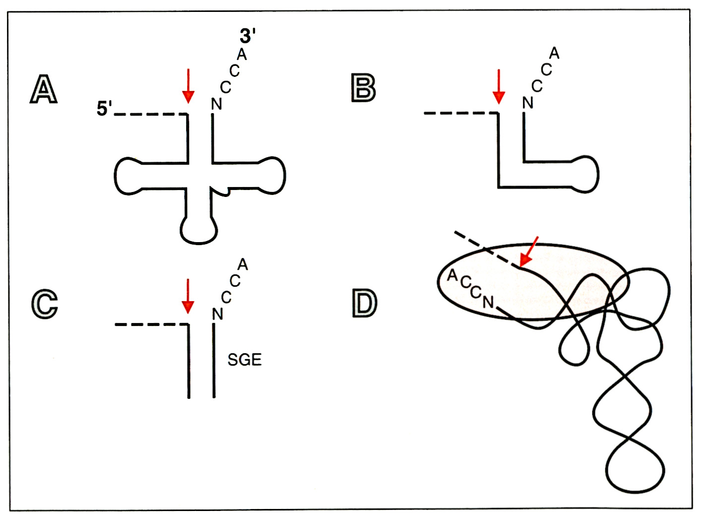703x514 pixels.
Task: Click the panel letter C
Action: [x=44, y=303]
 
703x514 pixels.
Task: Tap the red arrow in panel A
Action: [x=188, y=85]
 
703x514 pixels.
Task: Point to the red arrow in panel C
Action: [x=188, y=296]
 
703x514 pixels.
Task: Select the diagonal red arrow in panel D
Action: [x=528, y=252]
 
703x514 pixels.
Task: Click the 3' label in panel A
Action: [x=247, y=36]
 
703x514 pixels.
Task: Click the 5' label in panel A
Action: [x=104, y=109]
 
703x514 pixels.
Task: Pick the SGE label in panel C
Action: [x=244, y=360]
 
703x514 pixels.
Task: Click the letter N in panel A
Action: [x=216, y=104]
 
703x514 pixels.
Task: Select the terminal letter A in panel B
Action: [x=554, y=53]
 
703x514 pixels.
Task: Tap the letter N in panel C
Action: [x=217, y=314]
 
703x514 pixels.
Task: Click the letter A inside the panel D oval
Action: [x=452, y=275]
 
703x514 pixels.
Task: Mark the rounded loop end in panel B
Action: [x=585, y=175]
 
